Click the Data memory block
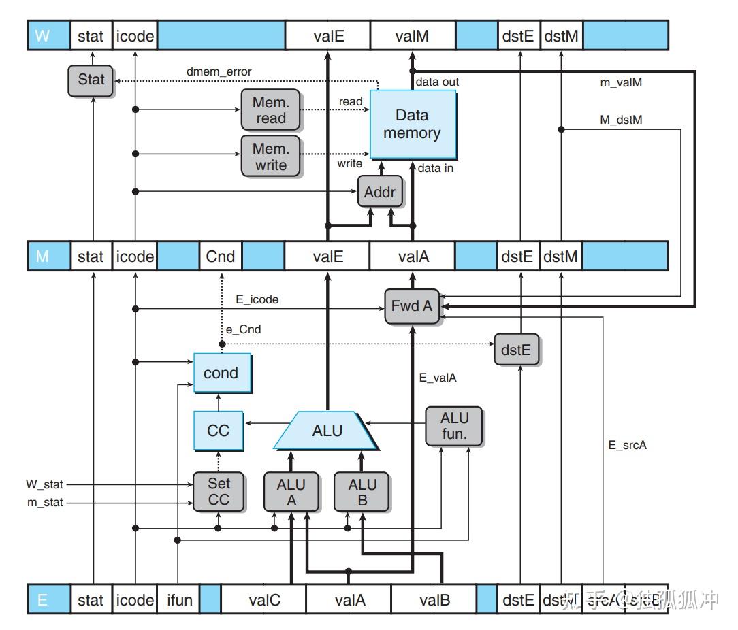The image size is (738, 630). click(412, 124)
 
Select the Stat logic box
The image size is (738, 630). click(91, 80)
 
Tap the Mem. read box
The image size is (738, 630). click(270, 110)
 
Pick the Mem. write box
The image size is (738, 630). click(270, 156)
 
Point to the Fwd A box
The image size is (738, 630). click(411, 305)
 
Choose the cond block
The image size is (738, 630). click(221, 373)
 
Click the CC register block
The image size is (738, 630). click(218, 430)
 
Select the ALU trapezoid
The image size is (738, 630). click(327, 430)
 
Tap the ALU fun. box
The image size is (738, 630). click(454, 425)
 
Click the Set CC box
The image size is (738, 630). click(219, 492)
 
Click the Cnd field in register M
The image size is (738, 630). click(220, 256)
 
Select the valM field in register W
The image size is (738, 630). click(412, 35)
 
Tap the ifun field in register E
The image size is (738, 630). click(179, 599)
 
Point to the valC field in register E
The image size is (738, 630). click(264, 599)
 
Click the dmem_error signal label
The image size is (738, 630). click(219, 71)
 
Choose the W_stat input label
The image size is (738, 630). click(45, 485)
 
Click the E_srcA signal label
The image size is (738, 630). click(627, 446)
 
